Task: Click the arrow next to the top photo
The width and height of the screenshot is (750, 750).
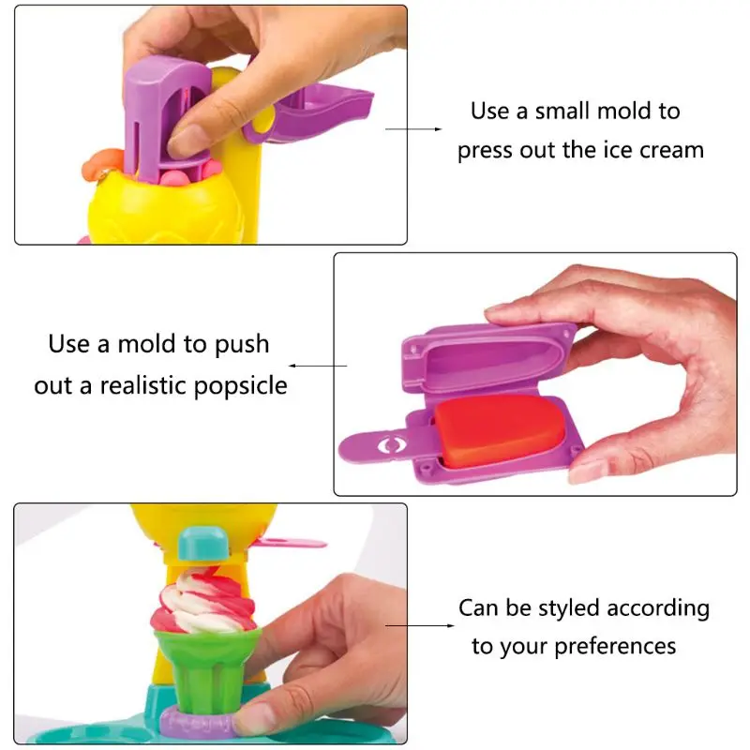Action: point(413,129)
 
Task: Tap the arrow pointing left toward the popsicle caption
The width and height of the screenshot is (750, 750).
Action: point(318,366)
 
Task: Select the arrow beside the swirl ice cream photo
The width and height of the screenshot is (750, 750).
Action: point(419,625)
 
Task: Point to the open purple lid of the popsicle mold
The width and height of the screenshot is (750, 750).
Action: point(487,357)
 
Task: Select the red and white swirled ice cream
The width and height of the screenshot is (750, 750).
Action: point(203,602)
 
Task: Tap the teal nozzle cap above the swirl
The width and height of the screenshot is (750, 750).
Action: point(204,544)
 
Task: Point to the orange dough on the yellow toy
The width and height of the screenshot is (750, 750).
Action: point(101,163)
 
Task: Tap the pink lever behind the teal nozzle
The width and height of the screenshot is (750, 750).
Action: point(291,543)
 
